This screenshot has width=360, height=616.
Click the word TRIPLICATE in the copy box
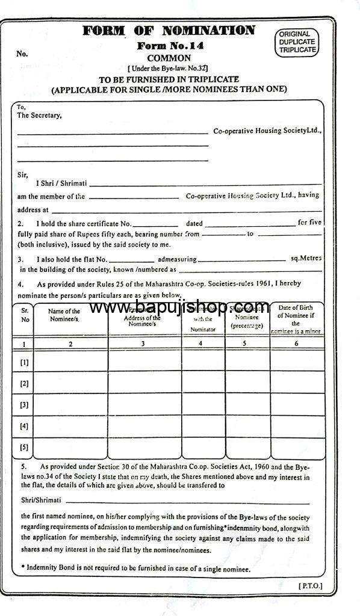(x=297, y=50)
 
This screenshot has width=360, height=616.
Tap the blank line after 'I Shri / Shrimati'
(x=205, y=182)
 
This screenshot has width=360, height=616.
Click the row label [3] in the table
(x=24, y=405)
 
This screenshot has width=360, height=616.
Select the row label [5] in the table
(x=24, y=448)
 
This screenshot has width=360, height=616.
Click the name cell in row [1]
(x=71, y=362)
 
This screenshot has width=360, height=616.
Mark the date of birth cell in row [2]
(x=296, y=383)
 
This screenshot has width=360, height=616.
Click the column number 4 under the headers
(x=200, y=343)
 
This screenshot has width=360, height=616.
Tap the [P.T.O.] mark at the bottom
(x=311, y=585)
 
